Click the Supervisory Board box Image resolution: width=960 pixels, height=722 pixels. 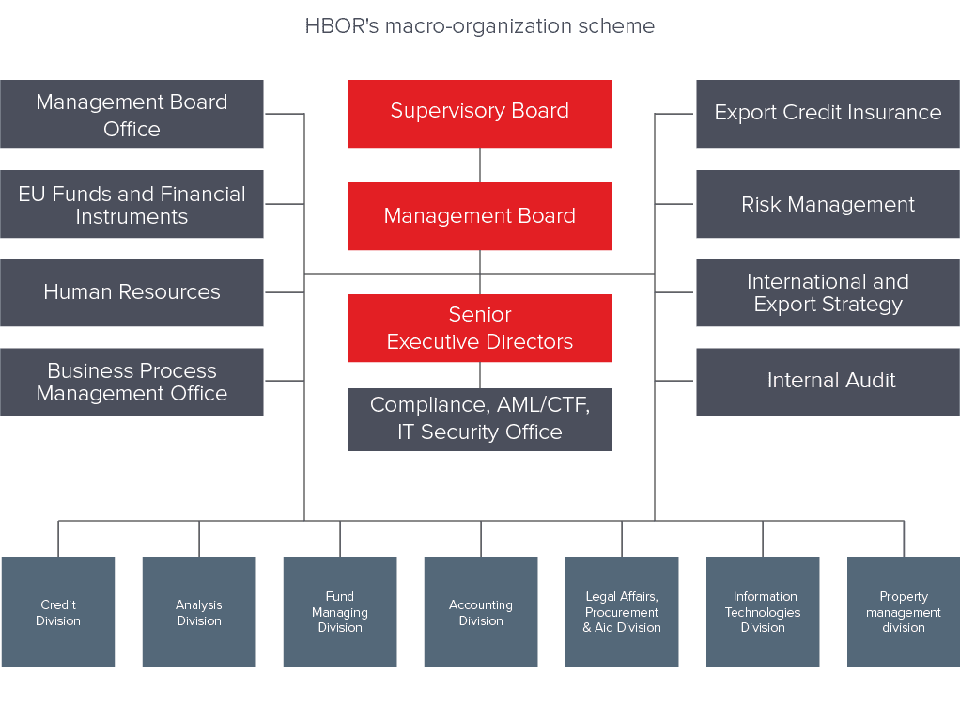[480, 114]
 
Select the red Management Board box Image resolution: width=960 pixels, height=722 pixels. [480, 216]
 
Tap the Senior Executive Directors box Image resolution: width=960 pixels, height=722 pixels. [480, 328]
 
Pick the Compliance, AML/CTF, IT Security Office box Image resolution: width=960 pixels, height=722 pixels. [480, 419]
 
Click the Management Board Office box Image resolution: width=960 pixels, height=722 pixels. [132, 115]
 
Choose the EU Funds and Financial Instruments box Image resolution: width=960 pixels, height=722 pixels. [132, 205]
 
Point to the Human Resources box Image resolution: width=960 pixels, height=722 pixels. [132, 292]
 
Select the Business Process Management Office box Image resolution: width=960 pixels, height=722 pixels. [132, 382]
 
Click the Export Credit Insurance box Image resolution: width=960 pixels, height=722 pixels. [828, 114]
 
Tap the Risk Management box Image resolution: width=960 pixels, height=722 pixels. [828, 205]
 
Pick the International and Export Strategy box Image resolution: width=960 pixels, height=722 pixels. [828, 292]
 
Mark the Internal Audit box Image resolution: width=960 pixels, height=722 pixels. [828, 382]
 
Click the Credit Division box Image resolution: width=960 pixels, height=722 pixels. [58, 612]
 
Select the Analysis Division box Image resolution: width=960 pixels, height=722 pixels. [199, 612]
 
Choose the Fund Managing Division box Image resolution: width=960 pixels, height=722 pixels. [340, 612]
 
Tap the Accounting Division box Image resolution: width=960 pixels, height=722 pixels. [481, 612]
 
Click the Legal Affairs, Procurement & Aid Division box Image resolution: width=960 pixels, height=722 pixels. [622, 612]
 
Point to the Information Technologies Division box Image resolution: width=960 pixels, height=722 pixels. [763, 612]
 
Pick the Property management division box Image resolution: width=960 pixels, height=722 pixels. [904, 612]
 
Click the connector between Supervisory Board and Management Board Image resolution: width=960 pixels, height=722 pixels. [480, 165]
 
